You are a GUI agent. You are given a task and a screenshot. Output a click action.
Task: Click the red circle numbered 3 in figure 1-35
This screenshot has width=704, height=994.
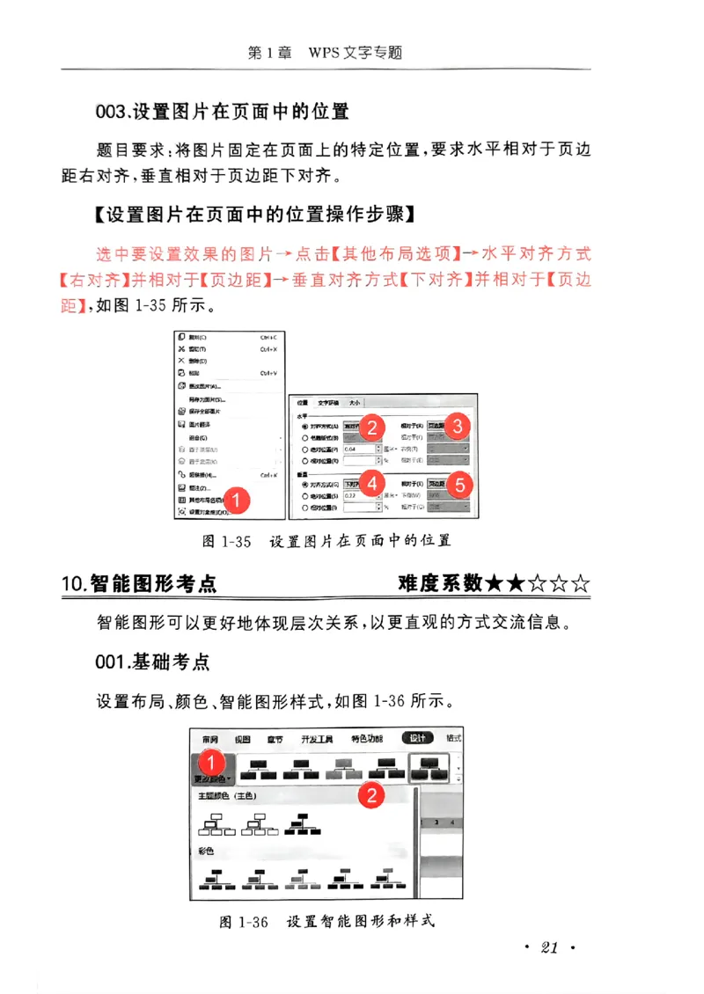point(457,427)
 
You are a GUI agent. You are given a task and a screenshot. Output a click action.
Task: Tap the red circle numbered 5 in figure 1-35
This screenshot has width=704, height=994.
point(459,484)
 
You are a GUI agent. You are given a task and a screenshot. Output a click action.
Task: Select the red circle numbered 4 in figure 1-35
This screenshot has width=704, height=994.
point(373,483)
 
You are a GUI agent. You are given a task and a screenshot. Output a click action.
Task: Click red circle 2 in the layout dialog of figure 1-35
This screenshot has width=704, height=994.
point(373,428)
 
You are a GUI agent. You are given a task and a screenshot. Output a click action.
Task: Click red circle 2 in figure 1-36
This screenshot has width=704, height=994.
point(372,795)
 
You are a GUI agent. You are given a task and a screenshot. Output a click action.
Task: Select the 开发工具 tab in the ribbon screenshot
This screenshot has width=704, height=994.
point(317,739)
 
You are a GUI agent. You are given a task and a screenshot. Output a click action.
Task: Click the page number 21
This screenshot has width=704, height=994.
point(549,947)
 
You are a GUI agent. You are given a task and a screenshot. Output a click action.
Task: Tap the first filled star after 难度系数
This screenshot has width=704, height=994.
point(495,583)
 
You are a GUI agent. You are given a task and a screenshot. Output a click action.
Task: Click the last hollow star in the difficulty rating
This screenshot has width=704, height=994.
point(581,583)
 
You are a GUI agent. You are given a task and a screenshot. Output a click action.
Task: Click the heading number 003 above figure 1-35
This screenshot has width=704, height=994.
point(112,112)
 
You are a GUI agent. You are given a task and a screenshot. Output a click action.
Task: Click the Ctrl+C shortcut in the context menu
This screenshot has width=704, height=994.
point(269,337)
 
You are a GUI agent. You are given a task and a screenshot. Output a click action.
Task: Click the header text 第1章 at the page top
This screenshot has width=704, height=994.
point(269,53)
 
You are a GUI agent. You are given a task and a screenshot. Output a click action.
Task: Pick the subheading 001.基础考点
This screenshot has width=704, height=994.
point(153,661)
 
